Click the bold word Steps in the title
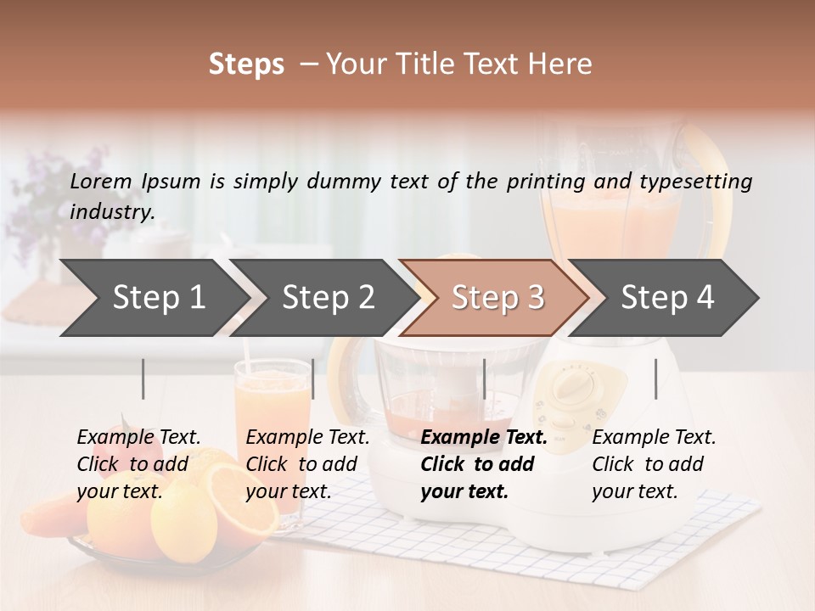[x=246, y=64]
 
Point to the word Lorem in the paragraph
[x=101, y=181]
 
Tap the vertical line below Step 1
[x=143, y=378]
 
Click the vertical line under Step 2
[x=313, y=378]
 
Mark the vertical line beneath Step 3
[x=485, y=378]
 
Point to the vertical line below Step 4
[x=655, y=378]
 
